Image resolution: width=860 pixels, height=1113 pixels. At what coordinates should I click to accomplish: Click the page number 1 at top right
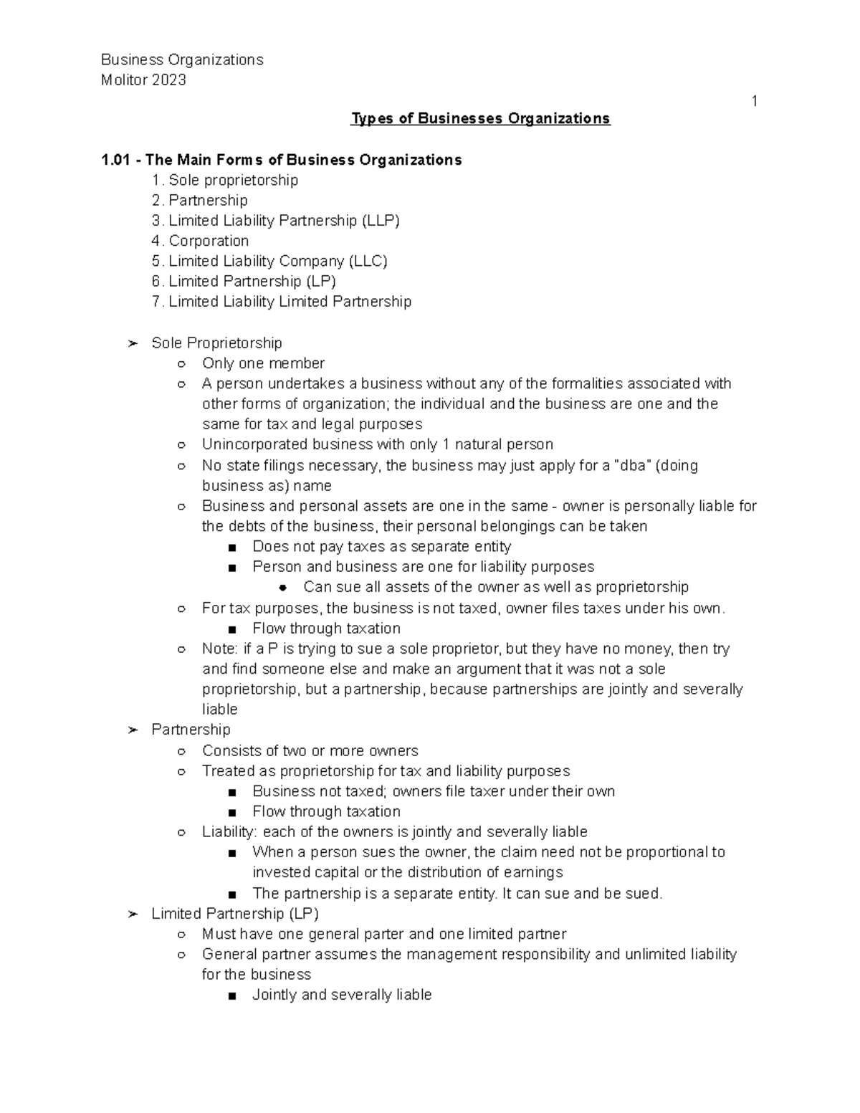coord(754,101)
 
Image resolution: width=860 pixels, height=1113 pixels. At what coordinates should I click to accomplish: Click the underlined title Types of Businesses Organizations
coord(479,118)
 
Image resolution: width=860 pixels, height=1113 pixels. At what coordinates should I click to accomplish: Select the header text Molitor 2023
coord(143,80)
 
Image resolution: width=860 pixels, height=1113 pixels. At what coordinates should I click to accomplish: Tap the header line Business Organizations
coord(182,59)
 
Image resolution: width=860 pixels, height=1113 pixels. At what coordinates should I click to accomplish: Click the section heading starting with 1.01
coord(282,160)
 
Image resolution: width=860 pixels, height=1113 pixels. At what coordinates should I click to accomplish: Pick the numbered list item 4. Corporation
coord(201,241)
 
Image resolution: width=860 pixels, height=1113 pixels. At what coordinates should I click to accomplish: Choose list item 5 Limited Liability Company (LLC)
coord(269,261)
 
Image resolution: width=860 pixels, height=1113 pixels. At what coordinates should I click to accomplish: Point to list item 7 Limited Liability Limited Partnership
coord(282,302)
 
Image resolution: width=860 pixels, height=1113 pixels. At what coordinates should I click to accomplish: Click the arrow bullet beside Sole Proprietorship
coord(132,343)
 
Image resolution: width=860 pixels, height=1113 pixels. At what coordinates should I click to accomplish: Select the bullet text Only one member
coord(263,363)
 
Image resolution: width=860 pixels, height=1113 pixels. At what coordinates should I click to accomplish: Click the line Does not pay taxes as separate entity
coord(381,547)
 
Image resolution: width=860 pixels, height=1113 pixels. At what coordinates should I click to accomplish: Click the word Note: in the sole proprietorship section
coord(220,649)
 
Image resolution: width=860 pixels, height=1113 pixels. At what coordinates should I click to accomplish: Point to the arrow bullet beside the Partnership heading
coord(132,730)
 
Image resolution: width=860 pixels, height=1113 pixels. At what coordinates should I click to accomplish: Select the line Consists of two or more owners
coord(310,751)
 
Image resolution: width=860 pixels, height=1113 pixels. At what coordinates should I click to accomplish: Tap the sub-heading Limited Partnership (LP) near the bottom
coord(235,914)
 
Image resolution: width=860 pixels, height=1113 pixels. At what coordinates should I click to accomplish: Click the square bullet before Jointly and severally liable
coord(231,995)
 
